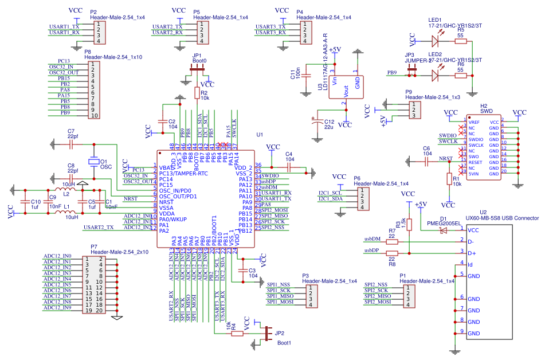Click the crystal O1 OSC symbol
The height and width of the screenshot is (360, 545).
tap(93, 162)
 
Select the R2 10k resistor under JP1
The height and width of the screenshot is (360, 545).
tap(197, 93)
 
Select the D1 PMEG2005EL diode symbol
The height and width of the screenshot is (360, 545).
tap(442, 230)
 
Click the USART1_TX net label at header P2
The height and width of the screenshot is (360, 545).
tap(64, 26)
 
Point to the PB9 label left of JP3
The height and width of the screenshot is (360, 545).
tap(392, 73)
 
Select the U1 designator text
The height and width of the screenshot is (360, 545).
tap(260, 135)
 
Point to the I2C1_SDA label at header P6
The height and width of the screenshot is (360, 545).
tap(330, 198)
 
